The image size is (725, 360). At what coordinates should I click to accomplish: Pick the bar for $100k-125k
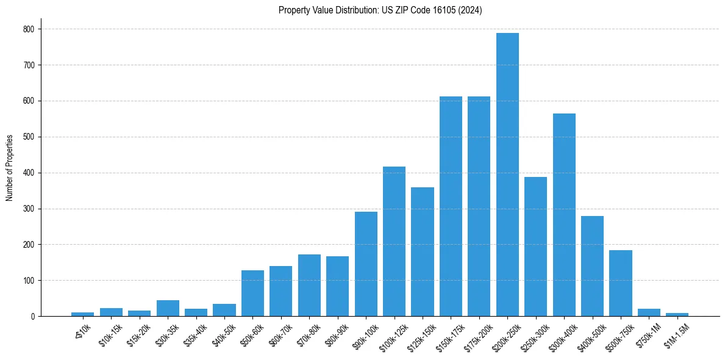tap(394, 242)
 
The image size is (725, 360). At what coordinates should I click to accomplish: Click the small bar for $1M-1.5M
tap(677, 314)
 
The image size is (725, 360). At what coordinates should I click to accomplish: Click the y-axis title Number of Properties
tap(9, 168)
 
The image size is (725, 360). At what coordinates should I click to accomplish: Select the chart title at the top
tap(380, 10)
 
